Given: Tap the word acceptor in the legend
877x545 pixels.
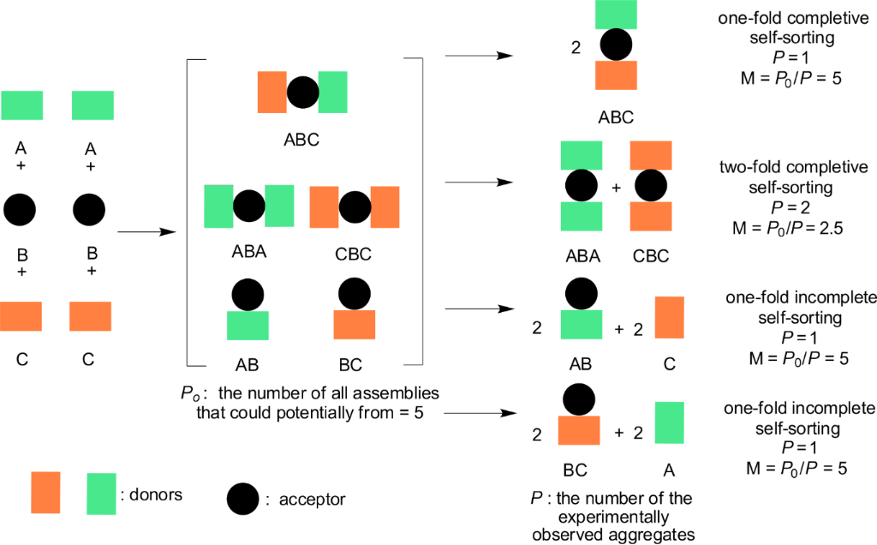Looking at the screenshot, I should click(311, 499).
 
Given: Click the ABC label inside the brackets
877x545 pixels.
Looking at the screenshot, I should click(301, 139).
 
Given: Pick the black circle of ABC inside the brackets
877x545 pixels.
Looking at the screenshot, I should click(302, 92).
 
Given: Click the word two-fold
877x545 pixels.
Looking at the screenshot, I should click(750, 166).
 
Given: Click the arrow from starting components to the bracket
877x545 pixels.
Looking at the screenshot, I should click(146, 231).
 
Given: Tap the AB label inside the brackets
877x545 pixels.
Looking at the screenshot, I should click(248, 365).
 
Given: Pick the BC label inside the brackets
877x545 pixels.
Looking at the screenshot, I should click(350, 365).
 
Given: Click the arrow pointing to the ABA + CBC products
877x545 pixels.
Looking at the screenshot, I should click(479, 183).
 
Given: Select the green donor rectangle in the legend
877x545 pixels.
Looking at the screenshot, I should click(102, 493).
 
